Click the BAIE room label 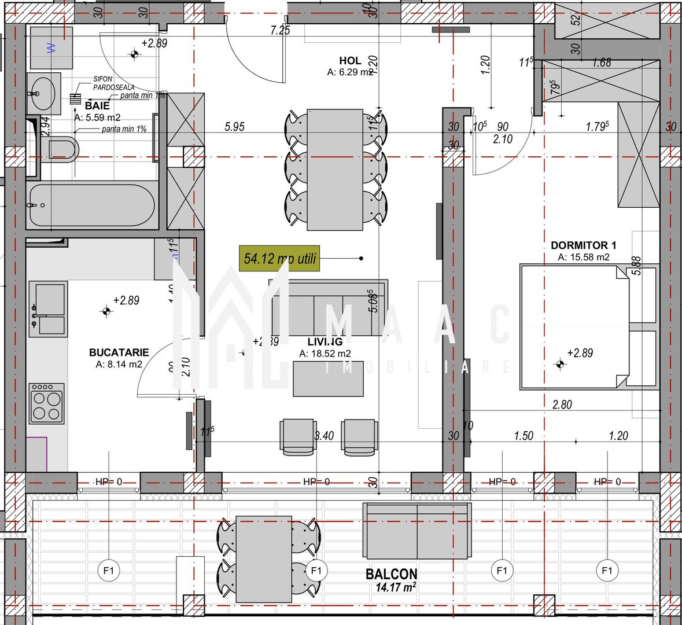[97, 106]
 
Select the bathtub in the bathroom [91, 205]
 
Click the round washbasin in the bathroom [43, 92]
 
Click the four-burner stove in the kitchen [47, 403]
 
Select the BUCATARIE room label [119, 352]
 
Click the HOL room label [350, 60]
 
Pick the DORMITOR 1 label [580, 245]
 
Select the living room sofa [328, 308]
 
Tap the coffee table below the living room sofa [328, 378]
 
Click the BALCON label [391, 574]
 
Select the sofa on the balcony [416, 531]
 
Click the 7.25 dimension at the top [280, 31]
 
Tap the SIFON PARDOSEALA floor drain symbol [75, 98]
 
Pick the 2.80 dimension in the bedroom [562, 405]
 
